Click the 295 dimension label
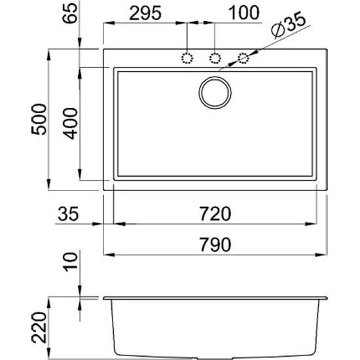click(145, 13)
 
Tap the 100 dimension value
click(244, 12)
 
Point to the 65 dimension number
click(70, 13)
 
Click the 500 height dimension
click(39, 119)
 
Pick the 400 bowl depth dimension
click(70, 124)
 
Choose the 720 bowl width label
click(215, 214)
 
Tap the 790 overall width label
click(215, 245)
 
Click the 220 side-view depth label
click(39, 327)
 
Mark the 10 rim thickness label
click(70, 262)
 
